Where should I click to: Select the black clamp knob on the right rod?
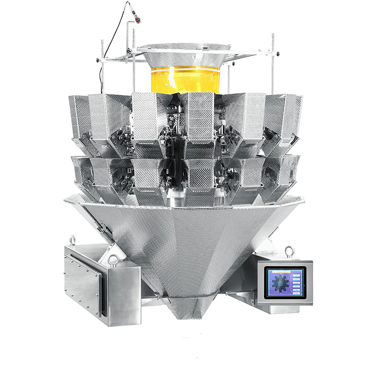point(276,54)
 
